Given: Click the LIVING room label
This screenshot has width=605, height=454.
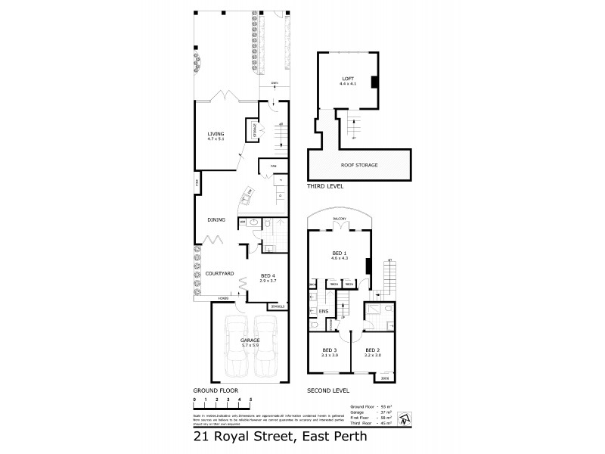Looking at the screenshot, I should [x=216, y=135].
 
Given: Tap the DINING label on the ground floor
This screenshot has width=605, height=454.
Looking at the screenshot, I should [x=217, y=220].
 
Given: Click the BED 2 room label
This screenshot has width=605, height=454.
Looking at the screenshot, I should [x=371, y=350].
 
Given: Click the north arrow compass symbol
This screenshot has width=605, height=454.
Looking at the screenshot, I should [x=407, y=417].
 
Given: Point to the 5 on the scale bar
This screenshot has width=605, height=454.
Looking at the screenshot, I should [x=250, y=398].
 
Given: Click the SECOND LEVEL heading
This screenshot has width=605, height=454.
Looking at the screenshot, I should [x=327, y=390].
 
